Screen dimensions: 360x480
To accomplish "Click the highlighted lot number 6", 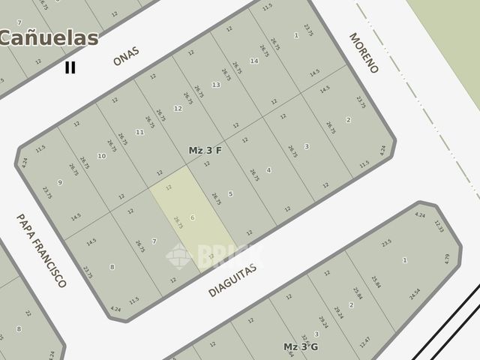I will [x=193, y=217].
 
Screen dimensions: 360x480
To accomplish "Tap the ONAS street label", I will [x=126, y=59].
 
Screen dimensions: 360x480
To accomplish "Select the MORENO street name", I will [x=364, y=52].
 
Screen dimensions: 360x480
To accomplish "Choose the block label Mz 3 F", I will [x=205, y=150].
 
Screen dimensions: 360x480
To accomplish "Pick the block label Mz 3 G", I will [x=301, y=346].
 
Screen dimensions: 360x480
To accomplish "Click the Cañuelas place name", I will [x=49, y=37].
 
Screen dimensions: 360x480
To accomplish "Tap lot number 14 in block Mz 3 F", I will [x=254, y=61].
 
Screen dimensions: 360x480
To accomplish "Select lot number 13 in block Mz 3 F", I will [x=216, y=85].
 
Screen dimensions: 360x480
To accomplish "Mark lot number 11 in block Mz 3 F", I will [x=139, y=132].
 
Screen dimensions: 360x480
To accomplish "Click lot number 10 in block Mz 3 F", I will [x=102, y=156].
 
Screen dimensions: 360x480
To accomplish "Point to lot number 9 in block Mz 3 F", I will [x=60, y=182].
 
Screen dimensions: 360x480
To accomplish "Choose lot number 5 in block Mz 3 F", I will [x=230, y=193].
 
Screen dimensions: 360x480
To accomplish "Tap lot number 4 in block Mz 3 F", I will [x=268, y=169].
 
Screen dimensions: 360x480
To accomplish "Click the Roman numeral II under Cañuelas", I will [x=70, y=67].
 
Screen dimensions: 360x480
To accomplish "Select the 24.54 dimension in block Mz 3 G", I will [x=414, y=293].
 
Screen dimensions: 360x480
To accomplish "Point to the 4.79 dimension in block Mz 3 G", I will [x=447, y=259].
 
